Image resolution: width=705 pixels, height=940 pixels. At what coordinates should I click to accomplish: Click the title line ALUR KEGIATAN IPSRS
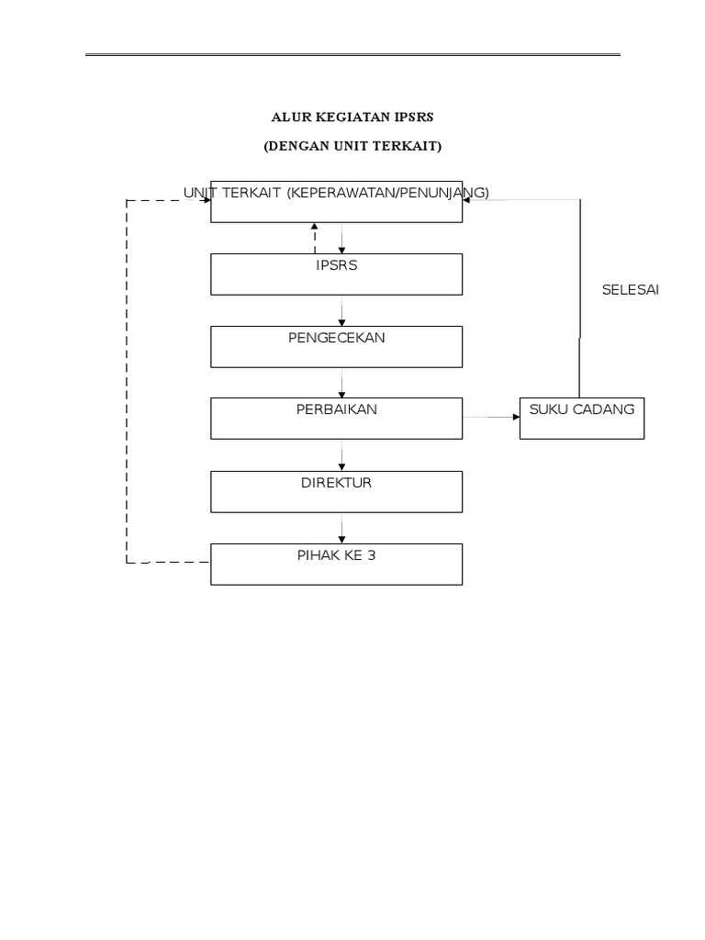[x=352, y=117]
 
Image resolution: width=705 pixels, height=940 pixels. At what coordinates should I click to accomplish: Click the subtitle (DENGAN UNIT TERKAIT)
[x=352, y=146]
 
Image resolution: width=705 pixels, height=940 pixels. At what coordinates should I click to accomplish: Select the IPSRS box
[x=336, y=274]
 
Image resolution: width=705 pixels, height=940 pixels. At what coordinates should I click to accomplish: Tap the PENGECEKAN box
[x=336, y=346]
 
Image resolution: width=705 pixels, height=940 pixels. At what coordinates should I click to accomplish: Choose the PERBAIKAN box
[x=336, y=418]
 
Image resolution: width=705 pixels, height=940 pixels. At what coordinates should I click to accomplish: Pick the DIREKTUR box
[x=336, y=491]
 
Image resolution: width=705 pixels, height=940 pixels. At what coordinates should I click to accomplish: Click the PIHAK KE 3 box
[x=336, y=564]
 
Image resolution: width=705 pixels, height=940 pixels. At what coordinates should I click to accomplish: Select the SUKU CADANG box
[x=581, y=419]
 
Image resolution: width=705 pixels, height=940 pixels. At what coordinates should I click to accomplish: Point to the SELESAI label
[x=630, y=290]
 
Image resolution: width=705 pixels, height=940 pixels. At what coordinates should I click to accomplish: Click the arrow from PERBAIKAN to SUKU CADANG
[x=491, y=418]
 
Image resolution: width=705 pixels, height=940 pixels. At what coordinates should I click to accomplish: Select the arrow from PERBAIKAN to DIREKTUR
[x=341, y=455]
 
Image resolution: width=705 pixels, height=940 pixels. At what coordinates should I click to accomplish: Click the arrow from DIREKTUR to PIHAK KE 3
[x=341, y=527]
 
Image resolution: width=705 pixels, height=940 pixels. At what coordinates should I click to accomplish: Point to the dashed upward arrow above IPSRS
[x=315, y=238]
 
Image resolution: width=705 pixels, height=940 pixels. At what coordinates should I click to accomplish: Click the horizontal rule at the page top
[x=352, y=55]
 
